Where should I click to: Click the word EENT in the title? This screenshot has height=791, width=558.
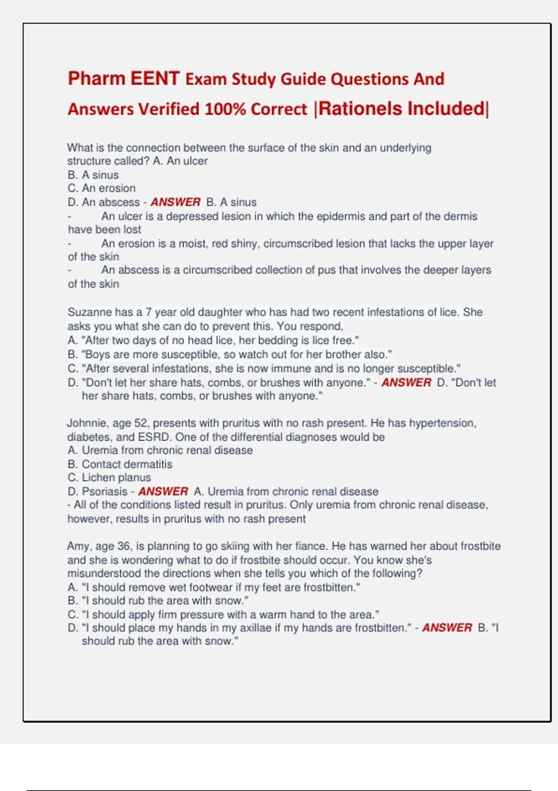click(x=155, y=79)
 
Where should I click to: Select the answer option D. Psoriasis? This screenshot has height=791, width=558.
click(x=97, y=491)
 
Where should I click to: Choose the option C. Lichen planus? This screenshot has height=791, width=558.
click(x=109, y=477)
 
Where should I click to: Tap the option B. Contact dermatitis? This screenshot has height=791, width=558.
click(x=120, y=464)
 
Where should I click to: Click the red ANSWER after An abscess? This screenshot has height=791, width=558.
click(x=175, y=202)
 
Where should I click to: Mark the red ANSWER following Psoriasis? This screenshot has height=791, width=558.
click(x=163, y=491)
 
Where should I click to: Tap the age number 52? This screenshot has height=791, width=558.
click(x=141, y=423)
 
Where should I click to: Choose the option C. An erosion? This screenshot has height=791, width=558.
click(x=101, y=188)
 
